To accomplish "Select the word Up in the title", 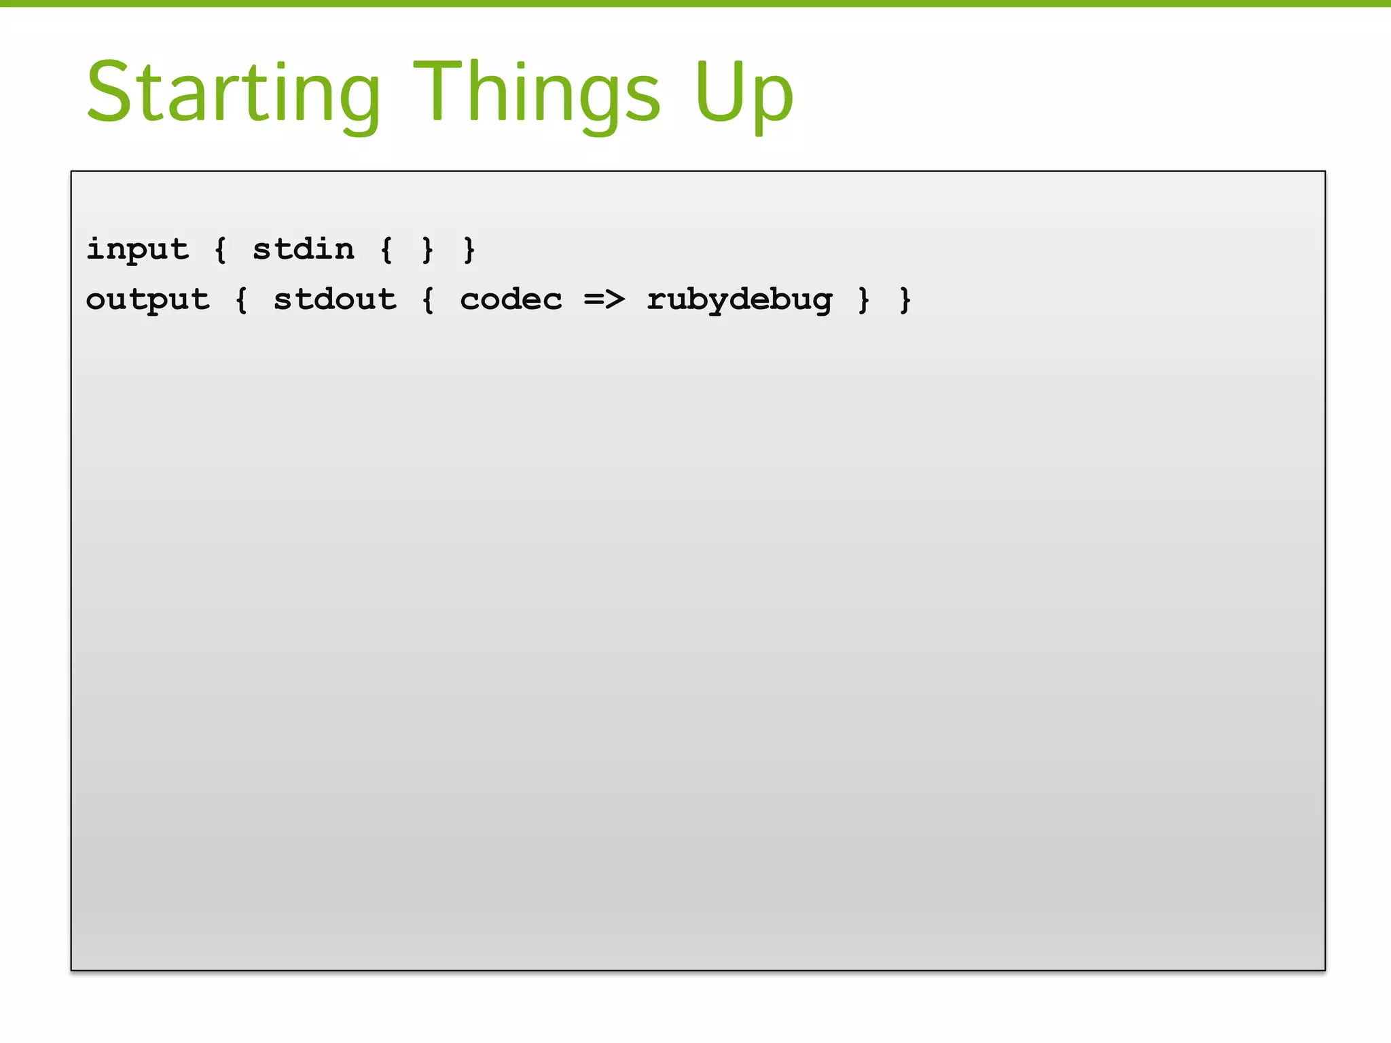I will [x=744, y=93].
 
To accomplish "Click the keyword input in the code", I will [x=137, y=249].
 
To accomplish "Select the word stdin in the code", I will [x=304, y=249].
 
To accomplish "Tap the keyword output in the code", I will [x=148, y=299].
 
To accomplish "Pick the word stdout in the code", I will [x=335, y=299].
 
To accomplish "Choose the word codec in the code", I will [x=511, y=299].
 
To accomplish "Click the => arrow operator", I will [x=604, y=299].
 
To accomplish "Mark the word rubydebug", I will [x=739, y=299].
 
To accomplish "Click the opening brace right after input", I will [x=220, y=249].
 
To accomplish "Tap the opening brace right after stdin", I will [x=386, y=249].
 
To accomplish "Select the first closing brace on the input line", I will [x=427, y=249].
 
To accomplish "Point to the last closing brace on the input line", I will [x=469, y=249].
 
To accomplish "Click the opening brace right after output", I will [x=241, y=299].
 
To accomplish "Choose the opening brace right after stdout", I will [x=428, y=299].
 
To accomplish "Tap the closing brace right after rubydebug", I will [x=863, y=299].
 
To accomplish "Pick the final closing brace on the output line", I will [x=905, y=299].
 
